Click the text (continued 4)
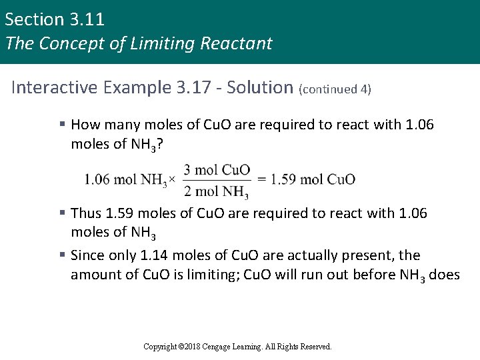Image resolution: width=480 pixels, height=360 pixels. (x=335, y=89)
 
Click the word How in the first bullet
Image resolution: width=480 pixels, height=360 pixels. (x=85, y=125)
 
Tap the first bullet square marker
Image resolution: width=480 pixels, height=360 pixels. (x=61, y=125)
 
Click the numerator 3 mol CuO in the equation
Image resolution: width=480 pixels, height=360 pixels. (x=217, y=169)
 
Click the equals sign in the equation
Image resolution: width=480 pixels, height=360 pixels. (x=262, y=179)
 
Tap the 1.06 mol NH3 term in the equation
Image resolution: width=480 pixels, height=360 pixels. (x=126, y=180)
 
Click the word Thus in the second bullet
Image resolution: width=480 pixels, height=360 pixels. (x=85, y=213)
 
